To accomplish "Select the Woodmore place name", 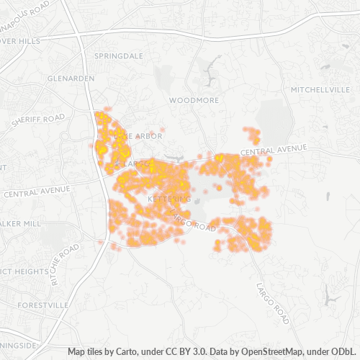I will (x=193, y=101).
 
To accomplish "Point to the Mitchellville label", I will (x=318, y=89).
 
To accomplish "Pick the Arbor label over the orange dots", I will (x=144, y=135).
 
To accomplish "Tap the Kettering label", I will (x=168, y=197).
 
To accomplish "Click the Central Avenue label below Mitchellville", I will (x=274, y=150).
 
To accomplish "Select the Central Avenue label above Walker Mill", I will (x=37, y=192).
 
